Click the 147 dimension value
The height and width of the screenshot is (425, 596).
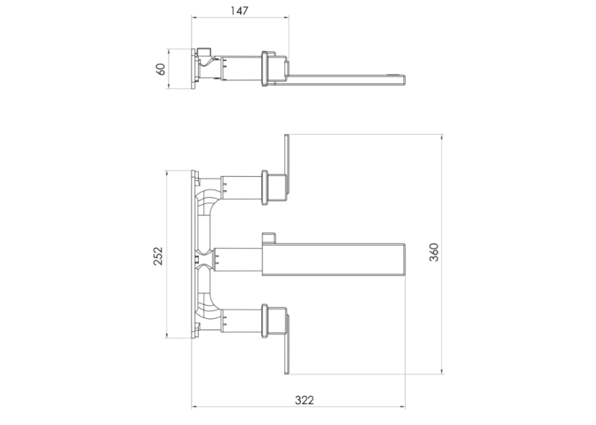(x=239, y=11)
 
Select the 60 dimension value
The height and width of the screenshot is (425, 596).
(x=161, y=69)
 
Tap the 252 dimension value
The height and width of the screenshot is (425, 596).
(x=157, y=256)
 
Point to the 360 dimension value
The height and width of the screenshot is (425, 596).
(x=434, y=252)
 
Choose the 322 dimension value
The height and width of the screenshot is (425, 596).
(x=305, y=400)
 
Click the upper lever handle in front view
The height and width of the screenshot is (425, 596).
(x=287, y=164)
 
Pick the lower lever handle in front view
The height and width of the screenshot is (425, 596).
(x=287, y=345)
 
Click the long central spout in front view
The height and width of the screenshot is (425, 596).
(x=333, y=259)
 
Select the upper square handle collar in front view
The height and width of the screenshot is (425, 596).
(x=273, y=189)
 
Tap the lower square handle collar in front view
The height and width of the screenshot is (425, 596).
(x=273, y=321)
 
